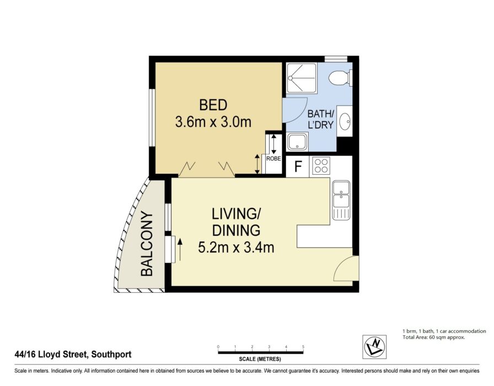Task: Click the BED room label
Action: [213, 105]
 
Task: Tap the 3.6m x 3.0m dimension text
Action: [213, 122]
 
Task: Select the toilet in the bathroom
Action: [340, 78]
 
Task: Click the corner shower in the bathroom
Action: [301, 78]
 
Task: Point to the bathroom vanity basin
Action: [345, 121]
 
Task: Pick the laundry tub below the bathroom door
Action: [297, 142]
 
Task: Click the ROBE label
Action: [273, 159]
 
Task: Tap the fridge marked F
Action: [298, 167]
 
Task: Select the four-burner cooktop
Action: [321, 166]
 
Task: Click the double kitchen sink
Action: [341, 200]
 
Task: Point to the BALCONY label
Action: [147, 244]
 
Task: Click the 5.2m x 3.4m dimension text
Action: [236, 247]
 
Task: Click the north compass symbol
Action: [374, 347]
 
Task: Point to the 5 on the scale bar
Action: [303, 347]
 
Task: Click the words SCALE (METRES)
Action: [260, 359]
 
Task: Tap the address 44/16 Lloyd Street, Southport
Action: [73, 355]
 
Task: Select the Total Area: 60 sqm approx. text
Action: [434, 337]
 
